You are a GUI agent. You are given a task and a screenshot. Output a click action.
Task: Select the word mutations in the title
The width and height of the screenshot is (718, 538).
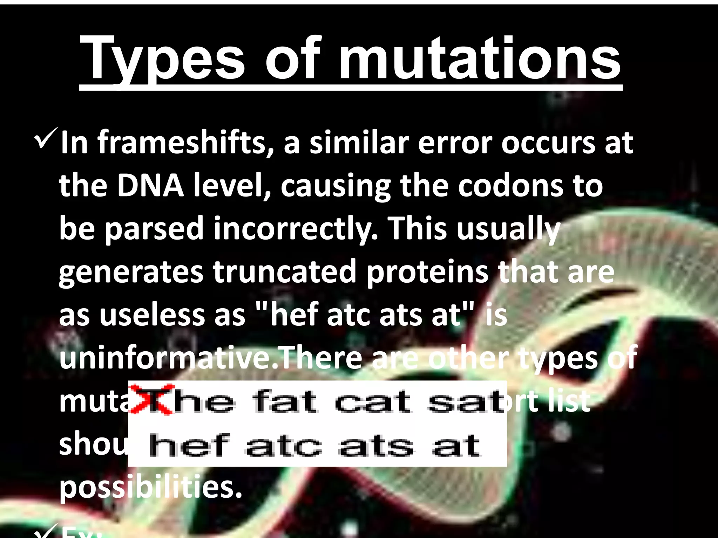coord(479,60)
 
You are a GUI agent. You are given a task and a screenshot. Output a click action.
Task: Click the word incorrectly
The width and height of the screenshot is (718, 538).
coord(296,228)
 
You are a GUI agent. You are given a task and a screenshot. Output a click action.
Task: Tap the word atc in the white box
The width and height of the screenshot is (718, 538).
coord(283,446)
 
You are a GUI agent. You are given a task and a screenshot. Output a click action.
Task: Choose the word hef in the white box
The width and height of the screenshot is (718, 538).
coord(189,446)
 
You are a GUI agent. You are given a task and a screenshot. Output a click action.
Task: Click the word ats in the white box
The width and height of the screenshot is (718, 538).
coord(376,446)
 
